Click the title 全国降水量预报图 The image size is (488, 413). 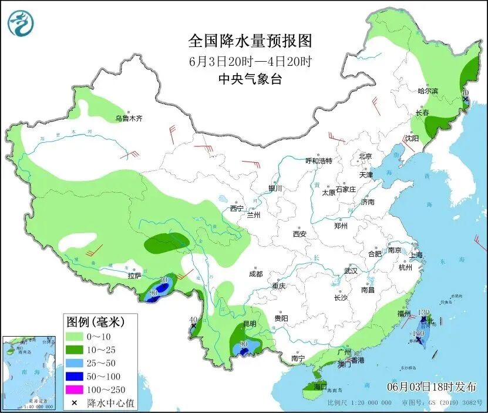(250, 41)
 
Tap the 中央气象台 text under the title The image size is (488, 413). (250, 79)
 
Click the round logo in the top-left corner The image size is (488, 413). (21, 23)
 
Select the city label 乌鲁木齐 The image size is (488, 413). (129, 118)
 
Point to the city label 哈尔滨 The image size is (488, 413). (428, 91)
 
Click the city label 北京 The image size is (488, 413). (365, 156)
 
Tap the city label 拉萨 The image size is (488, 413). (134, 275)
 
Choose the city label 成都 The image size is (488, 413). (255, 274)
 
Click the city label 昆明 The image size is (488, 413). (250, 324)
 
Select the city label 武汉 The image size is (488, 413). (351, 271)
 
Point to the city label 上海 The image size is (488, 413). (416, 255)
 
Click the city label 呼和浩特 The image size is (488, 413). (319, 160)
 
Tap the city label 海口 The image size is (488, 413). (320, 387)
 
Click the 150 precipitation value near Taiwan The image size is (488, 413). (418, 333)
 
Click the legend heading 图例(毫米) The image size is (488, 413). (93, 322)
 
